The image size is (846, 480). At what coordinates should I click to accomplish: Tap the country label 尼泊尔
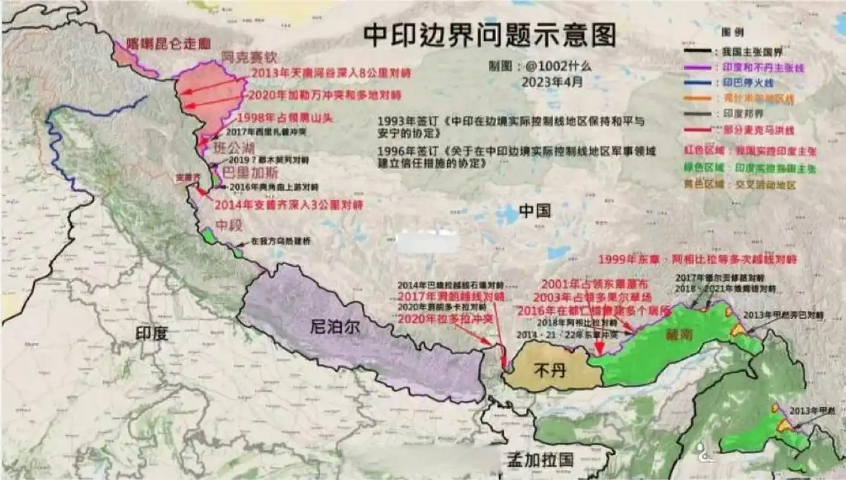(335, 327)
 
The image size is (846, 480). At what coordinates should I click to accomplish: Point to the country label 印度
(151, 333)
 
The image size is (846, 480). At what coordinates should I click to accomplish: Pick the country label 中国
(535, 210)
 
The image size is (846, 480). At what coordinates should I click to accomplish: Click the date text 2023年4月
(552, 82)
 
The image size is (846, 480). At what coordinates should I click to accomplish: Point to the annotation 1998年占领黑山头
(284, 118)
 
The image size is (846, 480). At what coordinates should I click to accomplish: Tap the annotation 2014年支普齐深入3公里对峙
(288, 205)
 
